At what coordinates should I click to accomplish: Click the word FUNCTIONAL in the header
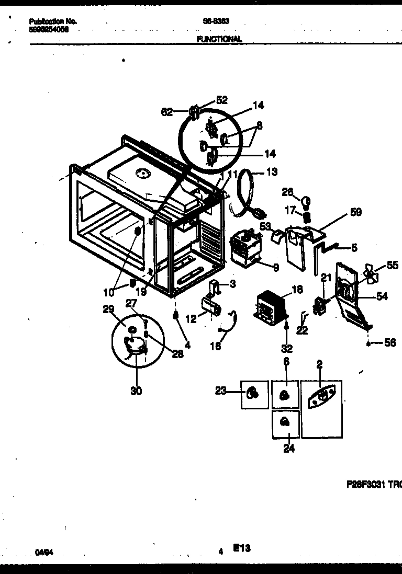pyautogui.click(x=219, y=39)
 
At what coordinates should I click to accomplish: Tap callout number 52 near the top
pyautogui.click(x=222, y=100)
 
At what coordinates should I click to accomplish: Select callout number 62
pyautogui.click(x=167, y=112)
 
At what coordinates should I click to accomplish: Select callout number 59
pyautogui.click(x=356, y=212)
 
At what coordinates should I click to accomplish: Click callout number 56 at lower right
pyautogui.click(x=389, y=343)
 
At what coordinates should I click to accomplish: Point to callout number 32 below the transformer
pyautogui.click(x=287, y=349)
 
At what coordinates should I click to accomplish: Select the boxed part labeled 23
pyautogui.click(x=254, y=394)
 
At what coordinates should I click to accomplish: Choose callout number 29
pyautogui.click(x=108, y=310)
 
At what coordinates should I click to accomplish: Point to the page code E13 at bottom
pyautogui.click(x=242, y=548)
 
